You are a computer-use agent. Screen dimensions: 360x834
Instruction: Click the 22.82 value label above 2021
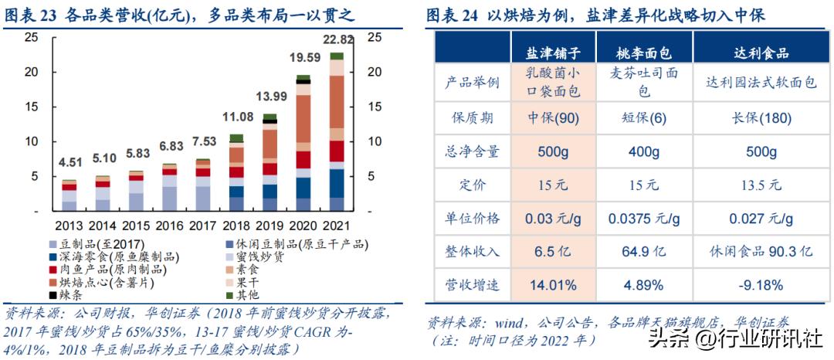pyautogui.click(x=338, y=40)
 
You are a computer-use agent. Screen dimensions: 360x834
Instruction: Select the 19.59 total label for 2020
pyautogui.click(x=304, y=57)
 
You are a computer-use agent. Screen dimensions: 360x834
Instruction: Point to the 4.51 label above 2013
pyautogui.click(x=69, y=162)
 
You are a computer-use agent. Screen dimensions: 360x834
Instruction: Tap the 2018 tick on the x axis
pyautogui.click(x=236, y=226)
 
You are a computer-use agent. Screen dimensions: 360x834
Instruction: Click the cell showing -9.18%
pyautogui.click(x=761, y=284)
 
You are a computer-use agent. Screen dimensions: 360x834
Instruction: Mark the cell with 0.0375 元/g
pyautogui.click(x=643, y=218)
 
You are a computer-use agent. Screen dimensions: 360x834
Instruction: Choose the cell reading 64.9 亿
pyautogui.click(x=643, y=251)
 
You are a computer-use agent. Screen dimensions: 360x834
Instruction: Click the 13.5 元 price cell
pyautogui.click(x=761, y=185)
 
